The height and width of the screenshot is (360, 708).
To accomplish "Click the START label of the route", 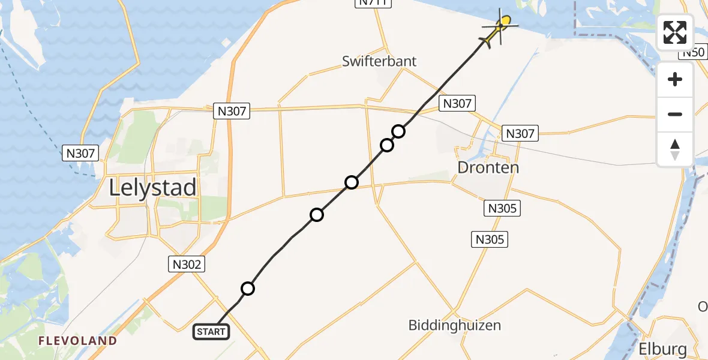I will (211, 332).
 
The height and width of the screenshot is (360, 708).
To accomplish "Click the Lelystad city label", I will (152, 188).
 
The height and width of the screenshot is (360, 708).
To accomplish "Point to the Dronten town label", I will (488, 167).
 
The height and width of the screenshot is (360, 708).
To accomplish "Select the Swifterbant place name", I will (379, 61).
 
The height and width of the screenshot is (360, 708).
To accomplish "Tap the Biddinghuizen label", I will (454, 325).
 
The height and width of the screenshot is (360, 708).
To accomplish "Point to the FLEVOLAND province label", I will (77, 341).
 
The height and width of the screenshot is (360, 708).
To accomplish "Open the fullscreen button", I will (675, 32).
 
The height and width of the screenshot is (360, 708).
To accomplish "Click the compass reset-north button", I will (675, 149).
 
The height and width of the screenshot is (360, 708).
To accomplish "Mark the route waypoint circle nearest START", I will (248, 289).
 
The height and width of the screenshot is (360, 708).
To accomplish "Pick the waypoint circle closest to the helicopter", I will (399, 131).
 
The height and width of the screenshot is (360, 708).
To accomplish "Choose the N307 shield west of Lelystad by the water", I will (80, 153).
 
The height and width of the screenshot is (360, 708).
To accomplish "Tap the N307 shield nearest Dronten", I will (520, 133).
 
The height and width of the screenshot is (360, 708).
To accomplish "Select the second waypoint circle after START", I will (317, 215).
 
